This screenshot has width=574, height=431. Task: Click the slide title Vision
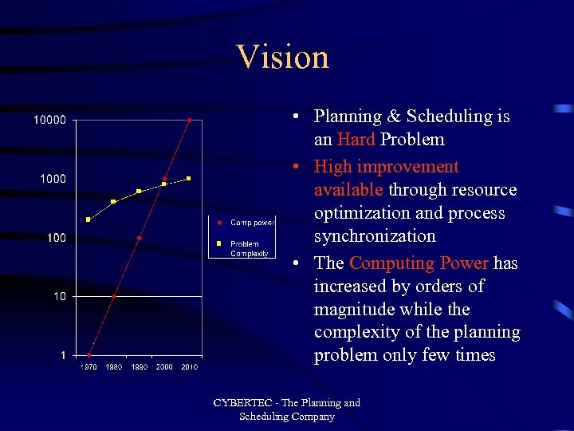coord(282,57)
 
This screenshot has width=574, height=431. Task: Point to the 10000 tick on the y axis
coord(49,120)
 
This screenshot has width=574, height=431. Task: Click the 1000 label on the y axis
coord(53,179)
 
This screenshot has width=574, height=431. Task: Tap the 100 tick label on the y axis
coord(56,238)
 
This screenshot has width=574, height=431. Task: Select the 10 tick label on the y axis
coord(59,296)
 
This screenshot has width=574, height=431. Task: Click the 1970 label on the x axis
coord(89,366)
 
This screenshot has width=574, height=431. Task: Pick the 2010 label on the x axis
coord(189,366)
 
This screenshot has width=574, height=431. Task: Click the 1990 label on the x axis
coord(139,366)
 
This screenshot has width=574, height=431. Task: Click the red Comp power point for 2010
coord(189,121)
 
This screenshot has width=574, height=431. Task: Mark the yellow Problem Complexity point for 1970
coord(88,219)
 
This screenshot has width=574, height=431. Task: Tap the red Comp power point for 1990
coord(139,238)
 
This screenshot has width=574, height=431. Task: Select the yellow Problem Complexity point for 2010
coord(189,179)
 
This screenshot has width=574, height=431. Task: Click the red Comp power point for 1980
coord(114,296)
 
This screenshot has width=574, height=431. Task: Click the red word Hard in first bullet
coord(356,140)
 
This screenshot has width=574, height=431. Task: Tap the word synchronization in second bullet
coord(375,236)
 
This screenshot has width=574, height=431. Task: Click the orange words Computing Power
coord(419,263)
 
